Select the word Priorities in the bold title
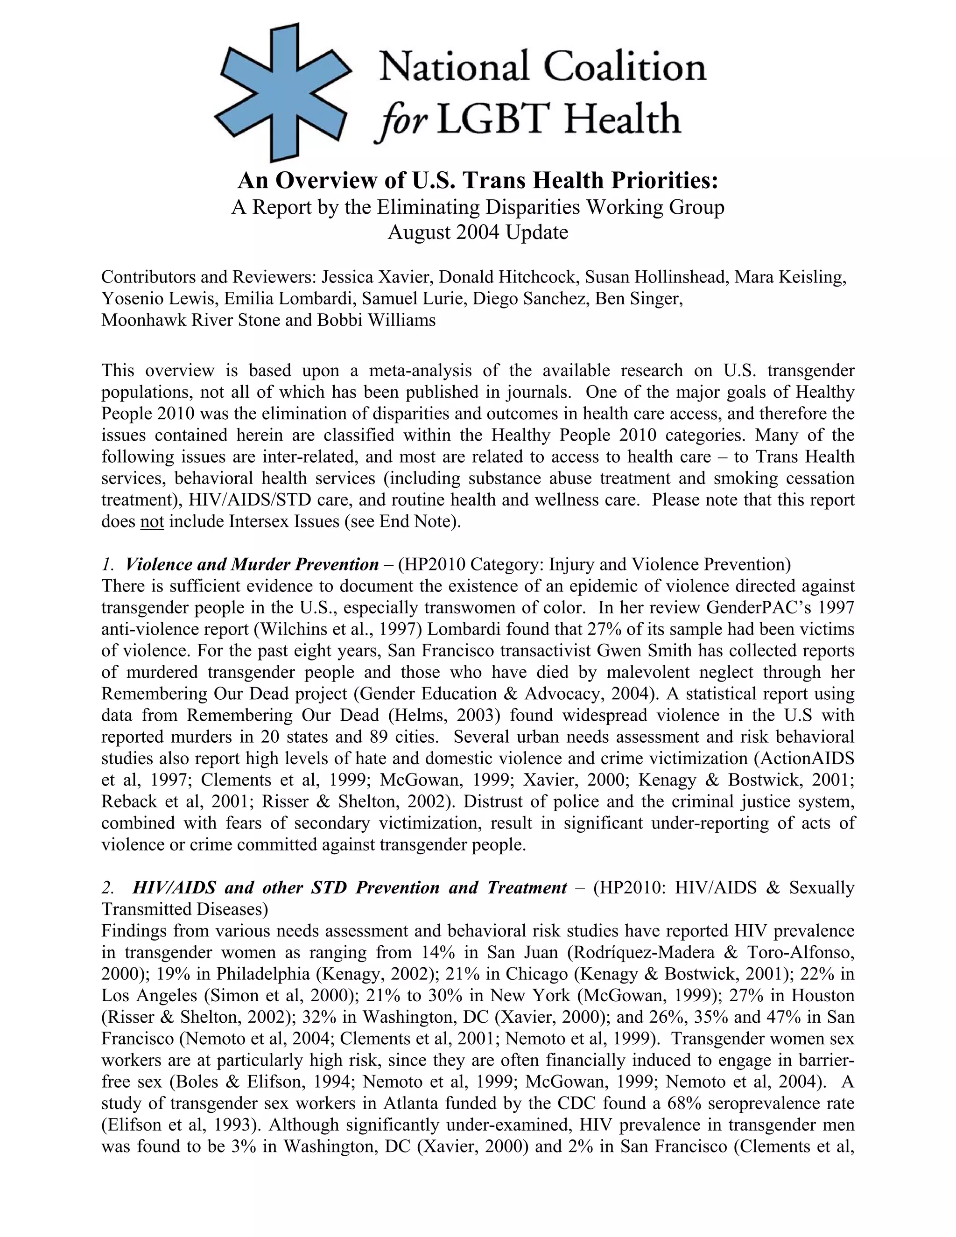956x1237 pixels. (x=661, y=181)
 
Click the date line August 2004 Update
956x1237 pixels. (x=478, y=232)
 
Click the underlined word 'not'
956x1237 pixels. (x=152, y=521)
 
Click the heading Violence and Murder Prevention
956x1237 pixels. (x=252, y=565)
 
